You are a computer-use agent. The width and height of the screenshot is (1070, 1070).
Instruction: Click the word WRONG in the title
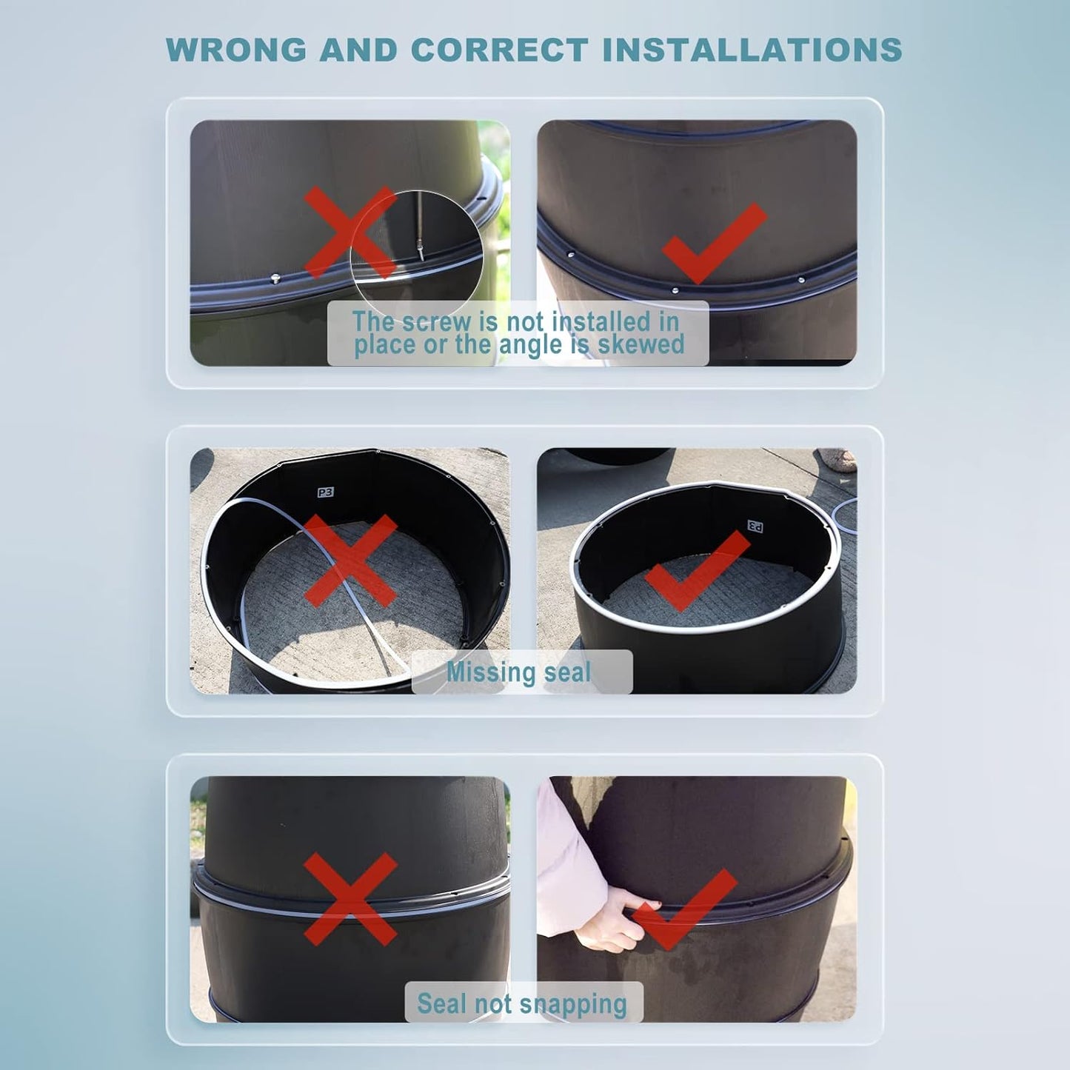coord(236,50)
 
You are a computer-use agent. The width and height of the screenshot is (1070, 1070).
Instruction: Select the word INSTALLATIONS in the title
coord(752,50)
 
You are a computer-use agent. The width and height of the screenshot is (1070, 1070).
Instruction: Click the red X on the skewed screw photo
coord(350,232)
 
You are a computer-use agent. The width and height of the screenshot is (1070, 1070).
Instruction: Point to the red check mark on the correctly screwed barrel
coord(715,243)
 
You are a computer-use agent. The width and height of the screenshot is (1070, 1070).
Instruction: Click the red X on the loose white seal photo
coord(350,561)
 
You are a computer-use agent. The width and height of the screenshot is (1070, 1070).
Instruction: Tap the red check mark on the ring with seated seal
coord(698,571)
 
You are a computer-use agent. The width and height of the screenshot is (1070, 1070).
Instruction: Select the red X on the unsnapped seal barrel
coord(350,899)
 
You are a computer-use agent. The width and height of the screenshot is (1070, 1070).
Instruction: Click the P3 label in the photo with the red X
coord(325,492)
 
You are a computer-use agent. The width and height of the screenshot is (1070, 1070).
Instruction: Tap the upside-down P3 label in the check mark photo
coord(755,525)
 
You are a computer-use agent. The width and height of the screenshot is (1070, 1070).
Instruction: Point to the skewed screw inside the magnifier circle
coord(421,248)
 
